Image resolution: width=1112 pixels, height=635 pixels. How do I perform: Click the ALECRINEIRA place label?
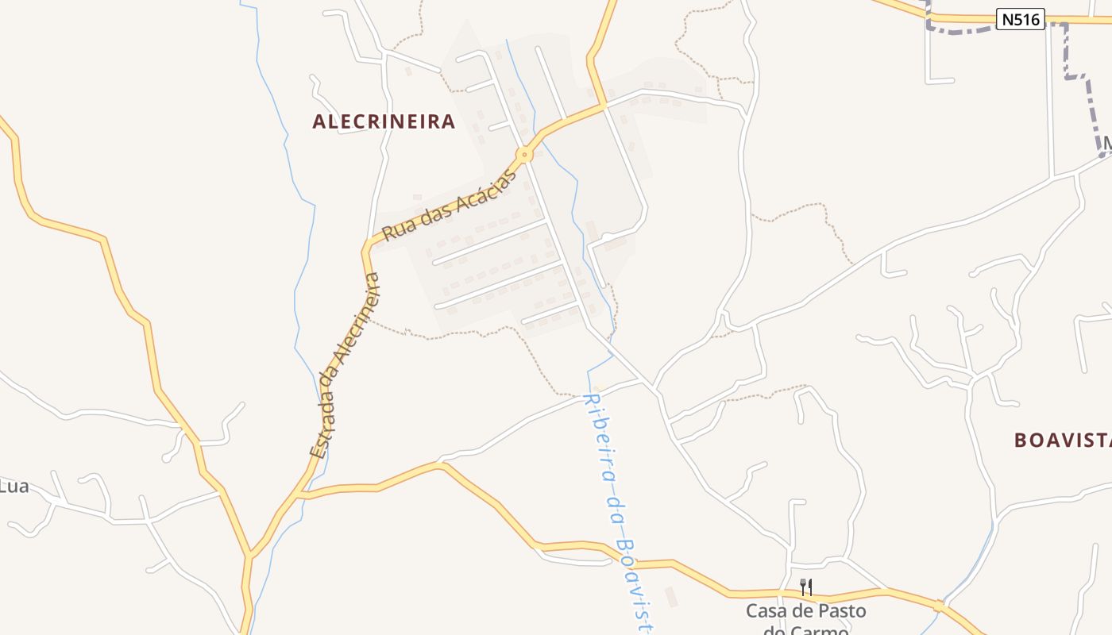point(384,121)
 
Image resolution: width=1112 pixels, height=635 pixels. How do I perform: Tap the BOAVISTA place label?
point(1062,441)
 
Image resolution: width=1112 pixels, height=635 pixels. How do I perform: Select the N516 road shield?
point(1020,19)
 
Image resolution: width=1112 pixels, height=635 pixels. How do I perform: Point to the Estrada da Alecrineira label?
point(346,365)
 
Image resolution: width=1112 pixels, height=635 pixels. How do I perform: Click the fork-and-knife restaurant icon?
point(805,587)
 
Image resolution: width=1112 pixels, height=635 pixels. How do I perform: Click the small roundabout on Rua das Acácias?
point(524,154)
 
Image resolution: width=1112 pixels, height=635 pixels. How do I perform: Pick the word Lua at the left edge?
point(14,487)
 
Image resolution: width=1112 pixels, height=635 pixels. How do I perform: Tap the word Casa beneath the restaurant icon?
point(765,611)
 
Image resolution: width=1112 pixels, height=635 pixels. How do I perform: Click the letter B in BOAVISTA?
point(1021,441)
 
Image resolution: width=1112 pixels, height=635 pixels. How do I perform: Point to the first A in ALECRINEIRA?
point(319,121)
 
